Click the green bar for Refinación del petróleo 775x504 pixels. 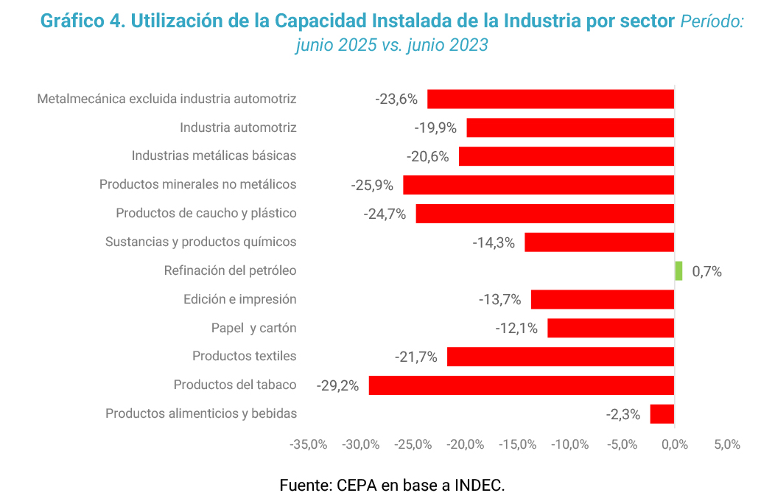click(678, 270)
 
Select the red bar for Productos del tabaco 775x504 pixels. click(521, 385)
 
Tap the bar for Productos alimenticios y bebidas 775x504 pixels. click(662, 413)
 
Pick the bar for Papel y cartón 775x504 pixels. click(611, 328)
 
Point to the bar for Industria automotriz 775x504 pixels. click(570, 127)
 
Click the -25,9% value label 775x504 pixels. click(372, 185)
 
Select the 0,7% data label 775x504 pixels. click(707, 271)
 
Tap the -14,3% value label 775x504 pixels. click(494, 242)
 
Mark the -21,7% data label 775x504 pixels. click(416, 357)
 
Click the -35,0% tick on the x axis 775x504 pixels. click(309, 444)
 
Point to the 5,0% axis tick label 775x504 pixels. click(726, 444)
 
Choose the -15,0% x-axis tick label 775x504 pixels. click(517, 444)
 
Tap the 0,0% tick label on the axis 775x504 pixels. click(674, 444)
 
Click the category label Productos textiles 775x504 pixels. click(245, 356)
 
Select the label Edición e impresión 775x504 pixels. click(240, 299)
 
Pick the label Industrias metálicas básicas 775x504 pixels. click(214, 155)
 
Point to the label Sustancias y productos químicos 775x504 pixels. click(201, 242)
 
